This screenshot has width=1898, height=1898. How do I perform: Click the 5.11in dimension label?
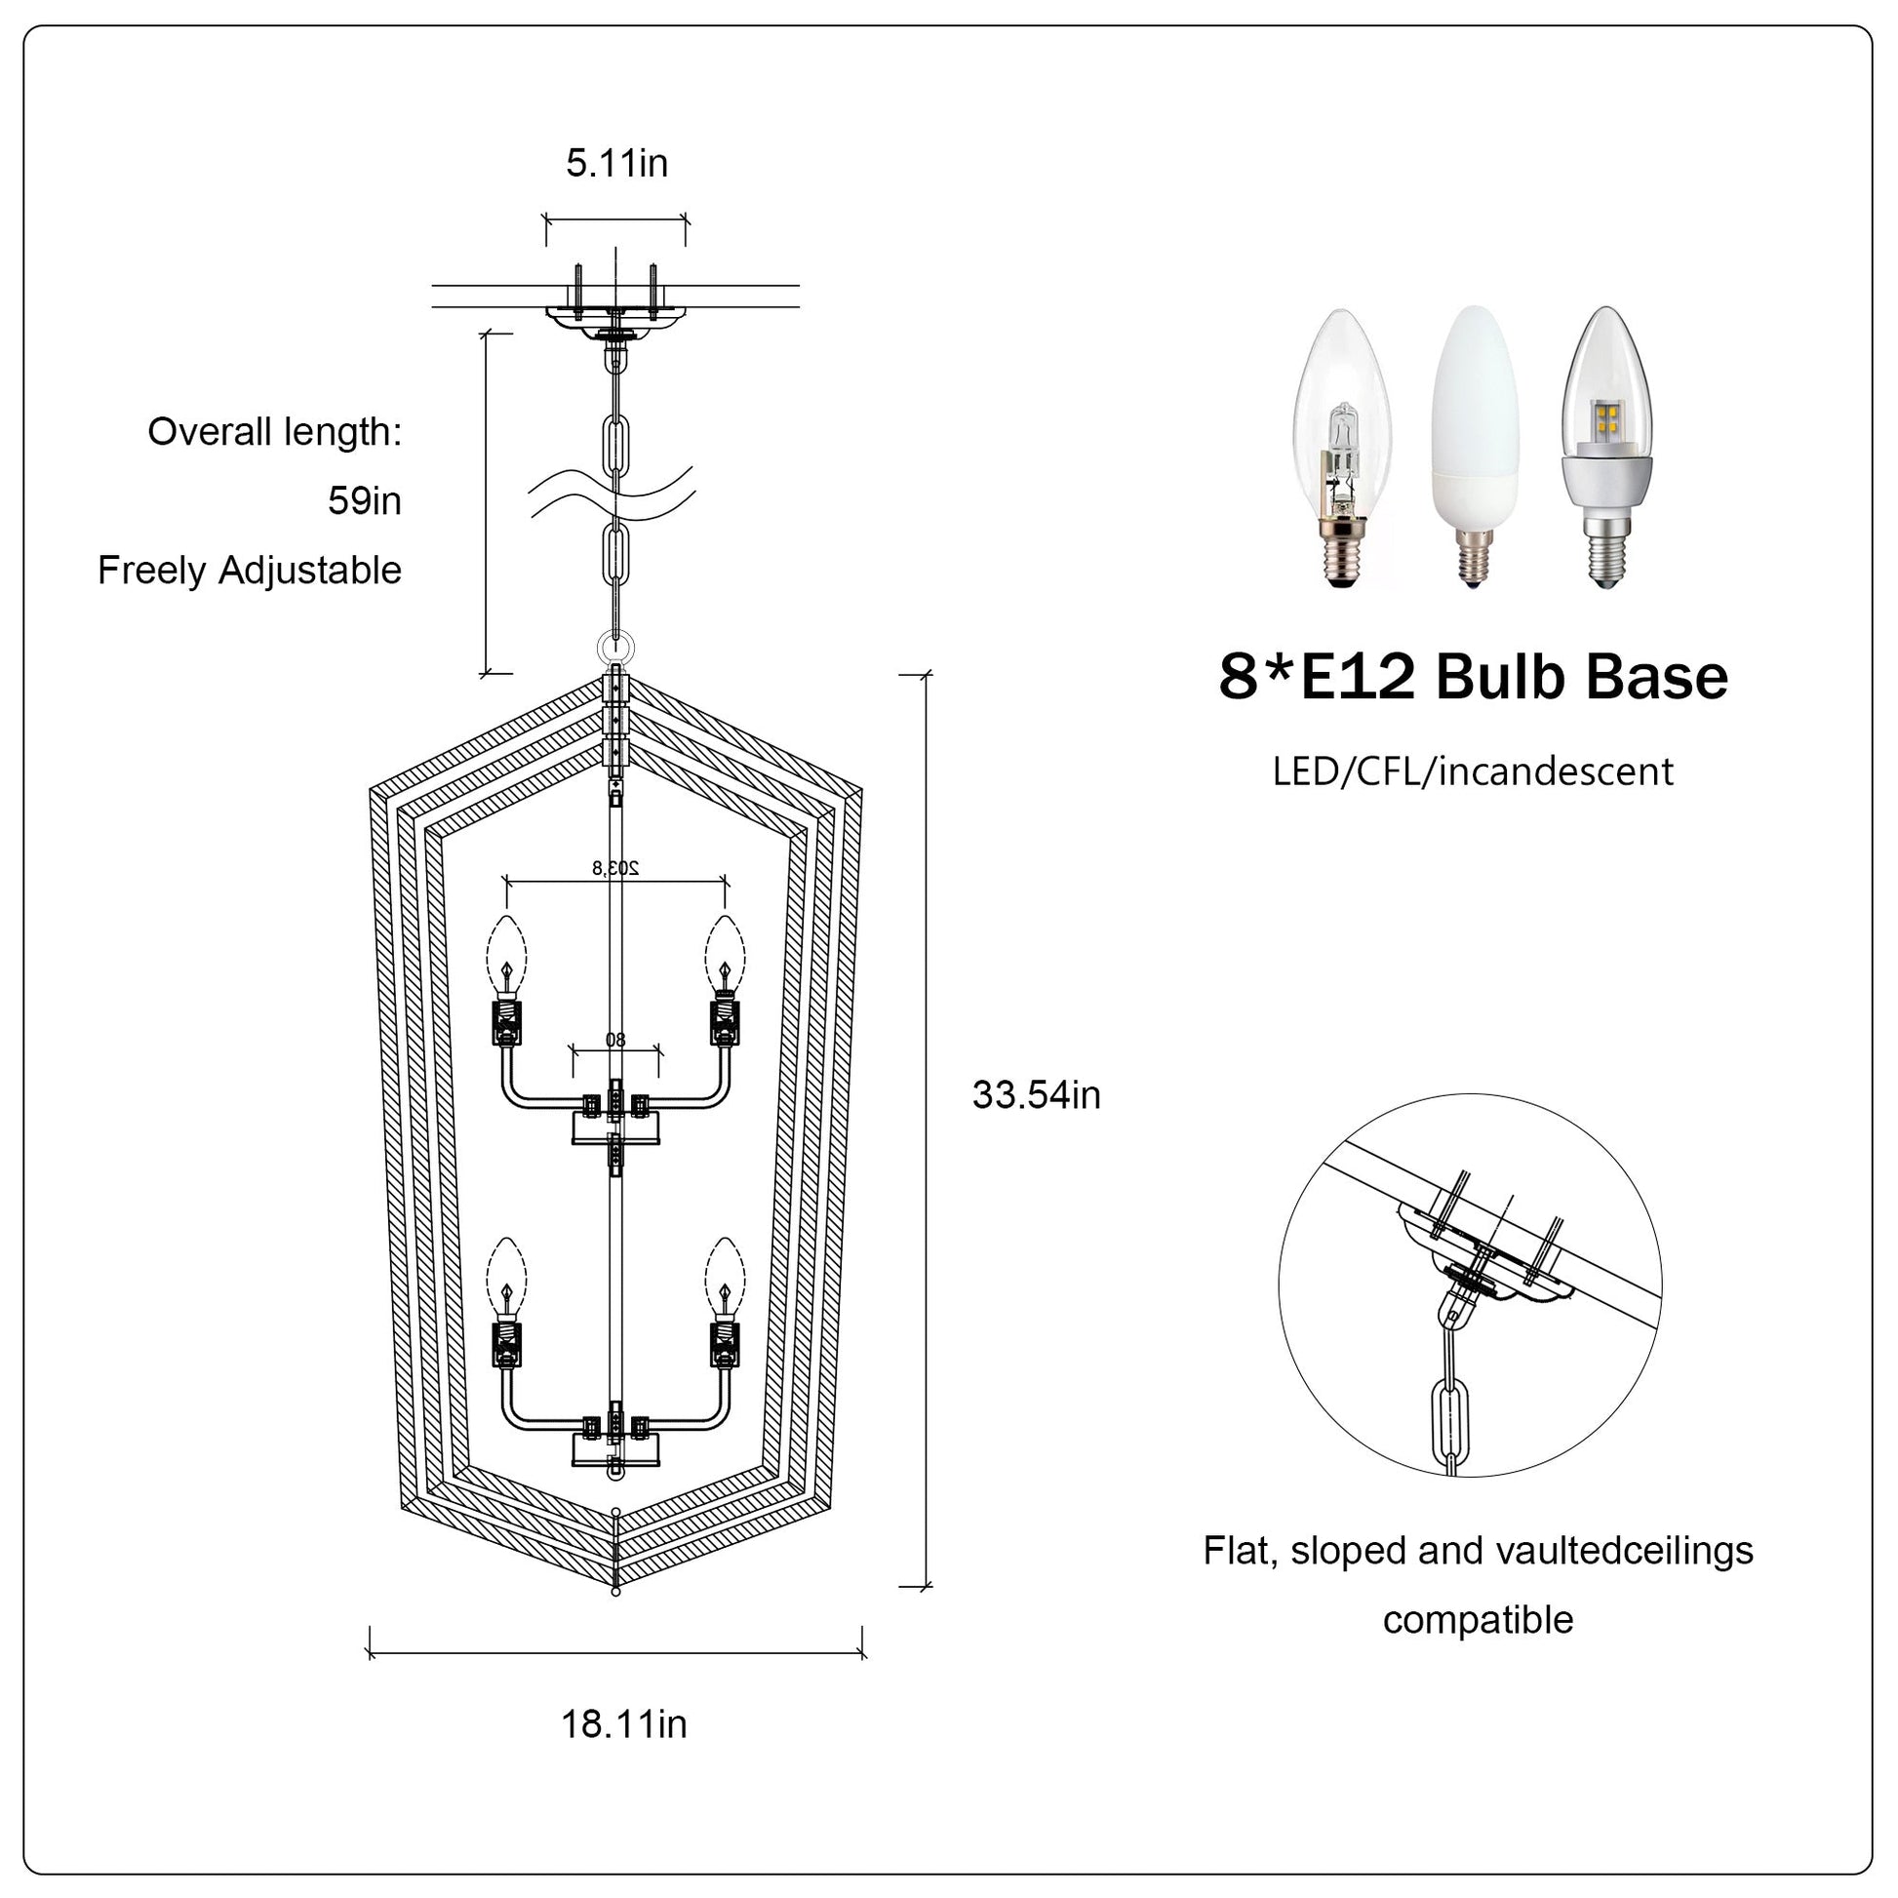point(617,163)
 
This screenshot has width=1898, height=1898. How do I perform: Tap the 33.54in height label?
point(1037,1094)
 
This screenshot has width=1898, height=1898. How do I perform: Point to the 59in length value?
point(365,501)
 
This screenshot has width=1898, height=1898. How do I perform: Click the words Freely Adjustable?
point(250,570)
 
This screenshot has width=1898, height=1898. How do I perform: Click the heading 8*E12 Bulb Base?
point(1474,677)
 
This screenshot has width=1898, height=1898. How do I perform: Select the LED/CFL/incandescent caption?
point(1473,771)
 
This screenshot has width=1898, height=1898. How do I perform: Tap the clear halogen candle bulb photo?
point(1342,447)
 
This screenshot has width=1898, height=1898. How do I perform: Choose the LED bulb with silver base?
point(1606,447)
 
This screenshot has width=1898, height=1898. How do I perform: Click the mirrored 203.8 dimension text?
point(615,867)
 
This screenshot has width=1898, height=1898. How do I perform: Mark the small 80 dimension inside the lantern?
point(615,1040)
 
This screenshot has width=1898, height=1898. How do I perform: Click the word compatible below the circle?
point(1478,1619)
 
